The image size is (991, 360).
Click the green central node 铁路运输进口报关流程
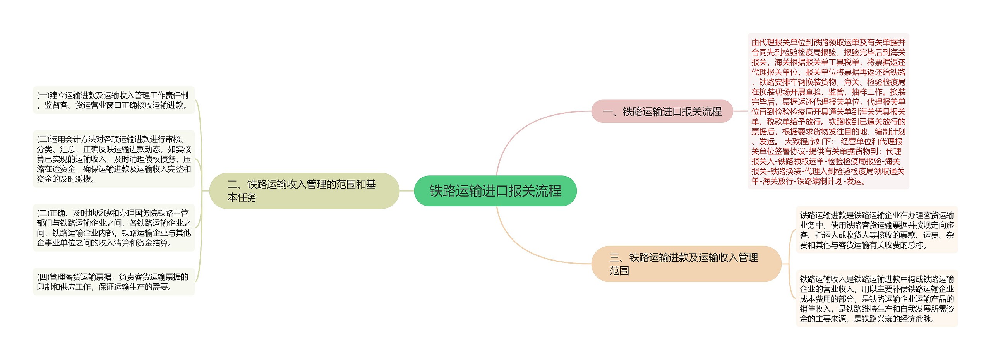point(495,191)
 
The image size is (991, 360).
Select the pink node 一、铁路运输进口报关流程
point(662,111)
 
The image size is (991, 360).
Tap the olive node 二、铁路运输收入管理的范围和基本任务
point(304,191)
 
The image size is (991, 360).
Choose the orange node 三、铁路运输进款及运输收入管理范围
point(686,264)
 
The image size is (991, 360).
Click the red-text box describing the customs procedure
point(828,111)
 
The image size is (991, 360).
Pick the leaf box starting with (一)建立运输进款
point(113,100)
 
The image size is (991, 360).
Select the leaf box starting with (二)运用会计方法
point(113,159)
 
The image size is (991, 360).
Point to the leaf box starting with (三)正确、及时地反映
point(113,228)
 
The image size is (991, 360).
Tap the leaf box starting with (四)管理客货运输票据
point(113,282)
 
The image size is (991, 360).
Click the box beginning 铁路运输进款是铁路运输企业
point(876,230)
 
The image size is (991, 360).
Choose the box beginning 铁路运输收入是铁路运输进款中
point(876,298)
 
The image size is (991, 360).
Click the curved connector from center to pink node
point(519,128)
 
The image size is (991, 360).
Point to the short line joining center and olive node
point(406,191)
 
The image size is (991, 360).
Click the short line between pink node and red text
point(740,111)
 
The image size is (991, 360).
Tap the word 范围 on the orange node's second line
point(619,271)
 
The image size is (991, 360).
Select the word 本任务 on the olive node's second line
point(242,198)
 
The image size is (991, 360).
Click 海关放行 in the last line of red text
point(778,181)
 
